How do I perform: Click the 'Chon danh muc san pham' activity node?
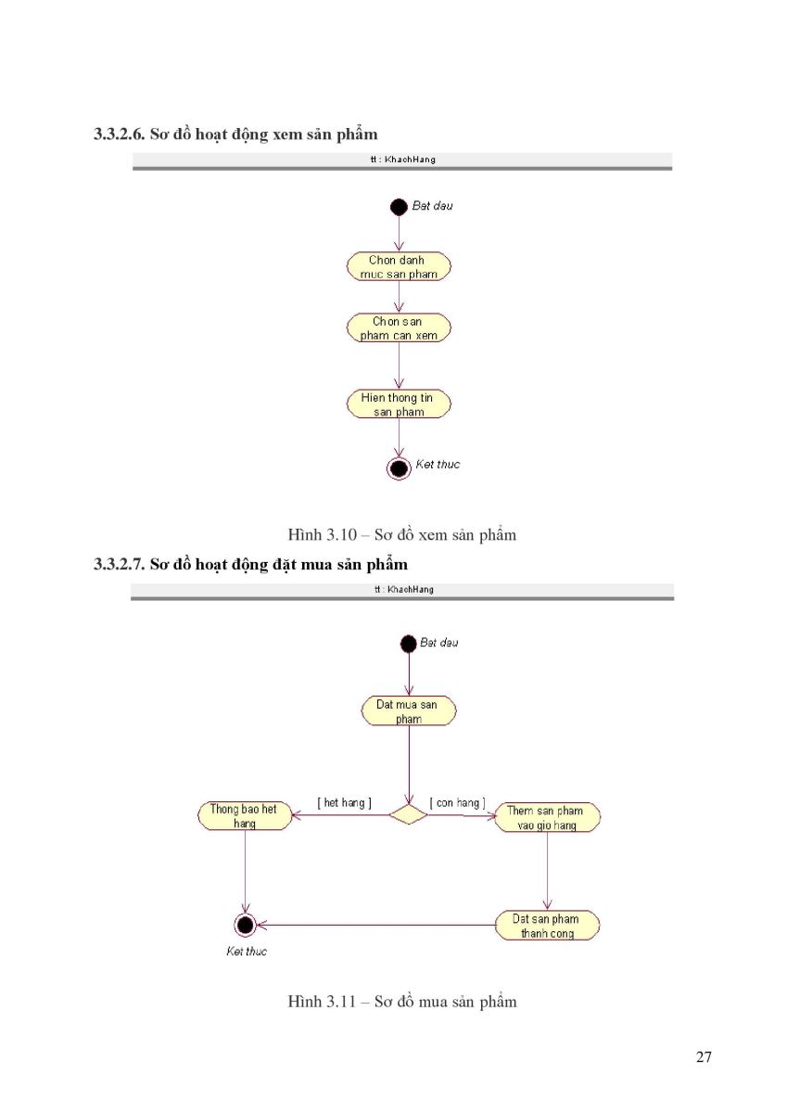[x=399, y=266]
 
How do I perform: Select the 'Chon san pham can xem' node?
[x=399, y=328]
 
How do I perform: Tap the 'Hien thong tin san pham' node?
[x=399, y=404]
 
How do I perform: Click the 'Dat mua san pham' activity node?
[x=408, y=711]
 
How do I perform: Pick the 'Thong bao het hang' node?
[x=245, y=816]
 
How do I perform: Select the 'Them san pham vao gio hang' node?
[x=547, y=817]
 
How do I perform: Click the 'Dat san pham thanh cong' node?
[x=547, y=926]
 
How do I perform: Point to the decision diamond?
[x=408, y=815]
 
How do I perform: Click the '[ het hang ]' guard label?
[x=345, y=803]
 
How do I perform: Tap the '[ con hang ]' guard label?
[x=457, y=803]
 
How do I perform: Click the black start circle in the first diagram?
[x=399, y=207]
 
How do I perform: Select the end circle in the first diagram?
[x=399, y=468]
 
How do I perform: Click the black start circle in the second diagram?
[x=408, y=644]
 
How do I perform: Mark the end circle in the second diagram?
[x=245, y=926]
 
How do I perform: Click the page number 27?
[x=704, y=1056]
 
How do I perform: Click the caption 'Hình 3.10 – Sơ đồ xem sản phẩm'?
[x=402, y=534]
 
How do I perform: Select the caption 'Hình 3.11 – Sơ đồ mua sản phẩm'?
[x=402, y=1001]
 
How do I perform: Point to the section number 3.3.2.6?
[x=119, y=134]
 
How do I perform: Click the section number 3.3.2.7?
[x=119, y=565]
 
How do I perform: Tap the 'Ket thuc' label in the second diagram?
[x=247, y=952]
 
